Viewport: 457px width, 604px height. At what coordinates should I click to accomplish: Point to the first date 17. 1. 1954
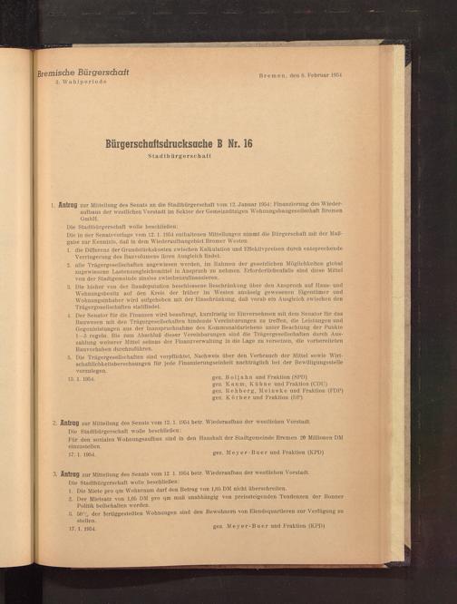(x=80, y=451)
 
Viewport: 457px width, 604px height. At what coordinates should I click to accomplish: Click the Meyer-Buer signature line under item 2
(x=267, y=451)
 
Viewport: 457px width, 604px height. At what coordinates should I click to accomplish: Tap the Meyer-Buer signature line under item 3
(x=267, y=525)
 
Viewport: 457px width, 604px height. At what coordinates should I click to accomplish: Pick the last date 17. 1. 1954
(x=80, y=525)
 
